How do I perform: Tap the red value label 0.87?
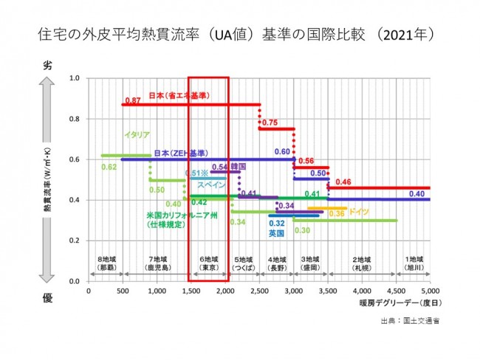click(x=133, y=100)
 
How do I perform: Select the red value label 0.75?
click(x=269, y=122)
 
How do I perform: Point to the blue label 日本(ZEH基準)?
click(x=179, y=153)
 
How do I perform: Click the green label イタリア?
click(x=137, y=135)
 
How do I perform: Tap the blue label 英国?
click(x=277, y=233)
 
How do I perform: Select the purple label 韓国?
click(x=238, y=167)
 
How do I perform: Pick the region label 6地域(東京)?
click(x=209, y=265)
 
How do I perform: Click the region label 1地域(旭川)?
click(x=414, y=265)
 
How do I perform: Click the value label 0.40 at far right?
click(x=416, y=193)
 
